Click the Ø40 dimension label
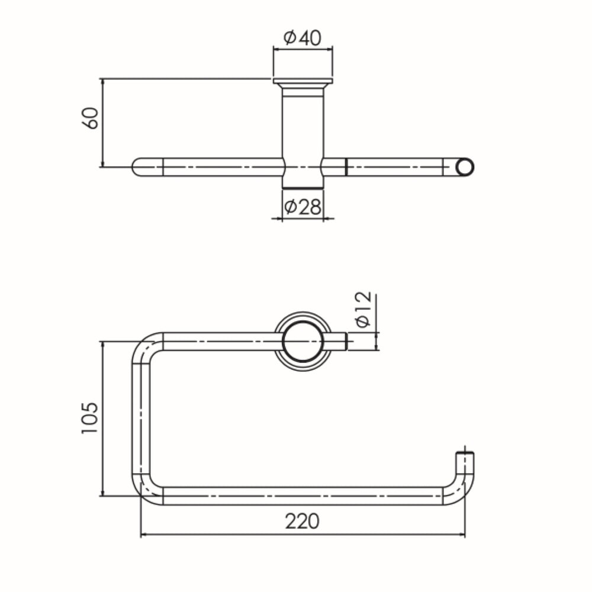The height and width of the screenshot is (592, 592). tap(303, 38)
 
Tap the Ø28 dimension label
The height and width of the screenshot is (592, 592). tap(303, 207)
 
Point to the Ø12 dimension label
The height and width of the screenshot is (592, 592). tap(363, 309)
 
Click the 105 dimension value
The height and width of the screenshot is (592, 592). tap(90, 418)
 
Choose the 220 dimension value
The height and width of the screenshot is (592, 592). tap(302, 522)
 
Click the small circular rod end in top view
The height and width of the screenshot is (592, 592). tap(465, 167)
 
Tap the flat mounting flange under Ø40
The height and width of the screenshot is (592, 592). tap(303, 81)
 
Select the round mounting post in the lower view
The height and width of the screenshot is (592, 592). tap(303, 342)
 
